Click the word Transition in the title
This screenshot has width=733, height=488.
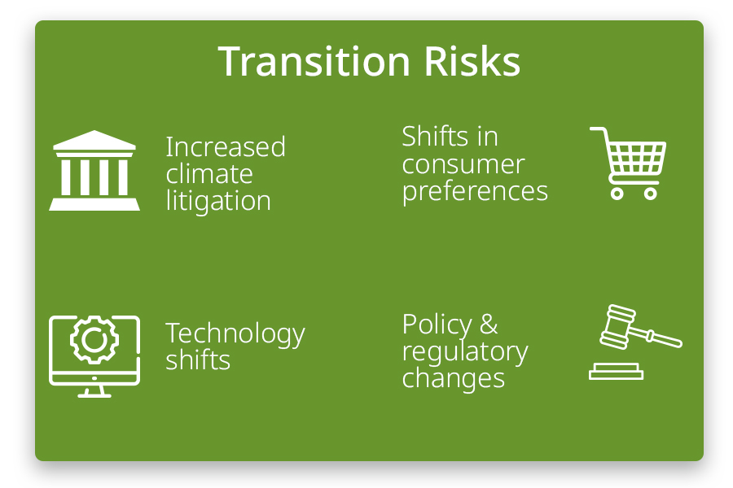(x=309, y=62)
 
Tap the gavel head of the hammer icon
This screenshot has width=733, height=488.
(x=617, y=324)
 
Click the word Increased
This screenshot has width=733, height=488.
(x=226, y=147)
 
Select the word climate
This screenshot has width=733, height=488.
(x=209, y=174)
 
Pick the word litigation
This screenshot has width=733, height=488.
(x=218, y=201)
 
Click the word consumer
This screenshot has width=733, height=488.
(x=463, y=164)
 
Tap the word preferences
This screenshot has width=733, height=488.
(x=475, y=192)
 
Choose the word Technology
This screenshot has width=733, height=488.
(x=235, y=334)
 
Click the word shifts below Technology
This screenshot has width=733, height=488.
(x=198, y=360)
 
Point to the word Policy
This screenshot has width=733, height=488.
(x=437, y=325)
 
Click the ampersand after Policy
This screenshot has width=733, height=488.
(x=489, y=325)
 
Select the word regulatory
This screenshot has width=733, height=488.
(x=465, y=351)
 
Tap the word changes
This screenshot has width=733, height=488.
(x=454, y=378)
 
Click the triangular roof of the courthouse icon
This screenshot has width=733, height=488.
(x=94, y=142)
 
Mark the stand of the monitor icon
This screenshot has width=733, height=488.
(x=94, y=390)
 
